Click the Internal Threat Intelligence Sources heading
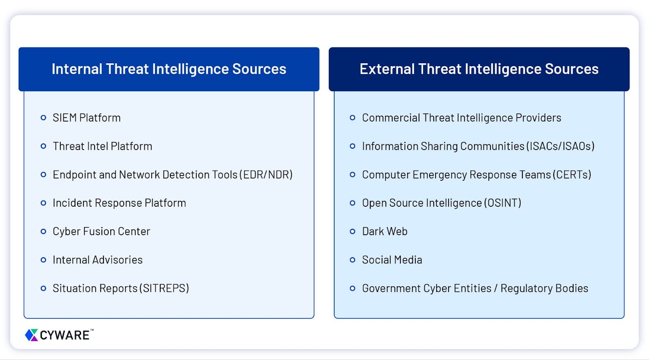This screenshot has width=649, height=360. click(x=169, y=69)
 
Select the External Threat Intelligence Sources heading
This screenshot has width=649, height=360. click(x=479, y=69)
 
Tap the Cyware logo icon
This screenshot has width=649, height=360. click(x=31, y=335)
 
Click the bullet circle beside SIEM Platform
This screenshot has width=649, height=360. click(x=43, y=118)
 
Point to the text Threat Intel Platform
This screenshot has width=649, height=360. click(x=102, y=146)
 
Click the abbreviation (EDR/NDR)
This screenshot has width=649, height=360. click(x=266, y=175)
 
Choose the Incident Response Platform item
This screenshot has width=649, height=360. click(x=119, y=203)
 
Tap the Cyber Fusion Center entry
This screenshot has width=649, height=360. click(x=101, y=231)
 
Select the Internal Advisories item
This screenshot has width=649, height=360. click(x=97, y=260)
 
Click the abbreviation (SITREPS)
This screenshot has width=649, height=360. click(x=164, y=288)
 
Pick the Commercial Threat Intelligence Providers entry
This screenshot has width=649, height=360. click(x=461, y=118)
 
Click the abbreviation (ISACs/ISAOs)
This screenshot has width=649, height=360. click(x=560, y=146)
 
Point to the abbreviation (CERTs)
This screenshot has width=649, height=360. click(x=572, y=175)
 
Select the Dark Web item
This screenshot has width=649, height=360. click(x=385, y=231)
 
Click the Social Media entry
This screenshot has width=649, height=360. click(x=392, y=260)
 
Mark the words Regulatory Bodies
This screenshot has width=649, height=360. click(x=544, y=288)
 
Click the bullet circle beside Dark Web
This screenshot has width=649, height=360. click(x=352, y=231)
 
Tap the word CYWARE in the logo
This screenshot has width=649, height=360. click(x=64, y=335)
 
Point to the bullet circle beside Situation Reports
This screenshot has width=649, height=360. click(x=43, y=288)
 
